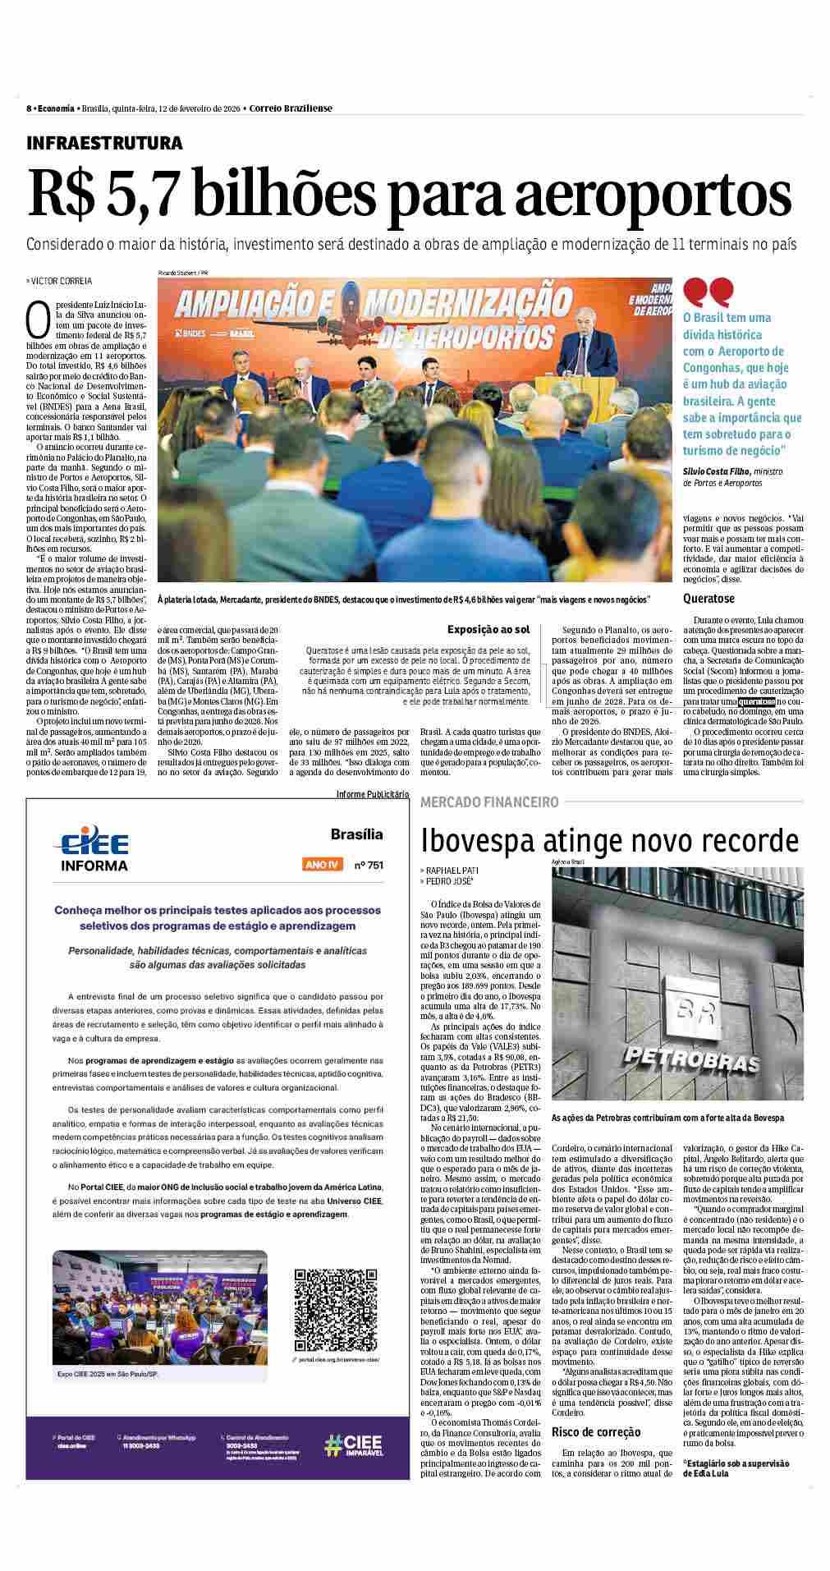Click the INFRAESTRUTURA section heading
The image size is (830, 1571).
click(x=104, y=143)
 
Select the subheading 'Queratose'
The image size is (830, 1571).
click(x=708, y=599)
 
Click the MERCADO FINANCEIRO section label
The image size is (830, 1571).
click(x=489, y=802)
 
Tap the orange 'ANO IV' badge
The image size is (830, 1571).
click(x=322, y=865)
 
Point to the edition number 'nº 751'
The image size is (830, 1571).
click(x=368, y=865)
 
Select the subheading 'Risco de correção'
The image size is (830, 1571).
click(x=596, y=1431)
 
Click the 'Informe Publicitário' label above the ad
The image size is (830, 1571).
click(x=372, y=793)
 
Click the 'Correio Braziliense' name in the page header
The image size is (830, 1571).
click(x=291, y=108)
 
